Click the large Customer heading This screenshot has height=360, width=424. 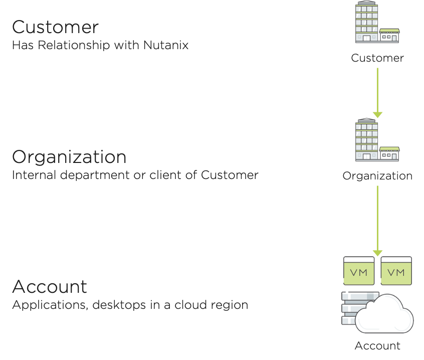point(56,28)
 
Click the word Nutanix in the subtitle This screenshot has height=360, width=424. point(166,45)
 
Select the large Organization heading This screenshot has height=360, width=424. point(69,157)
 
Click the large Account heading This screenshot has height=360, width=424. point(50,287)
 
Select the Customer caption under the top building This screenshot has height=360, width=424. point(377,58)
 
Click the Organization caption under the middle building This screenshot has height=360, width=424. point(377,176)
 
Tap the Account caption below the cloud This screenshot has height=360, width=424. point(377,346)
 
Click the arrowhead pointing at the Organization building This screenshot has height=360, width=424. point(377,115)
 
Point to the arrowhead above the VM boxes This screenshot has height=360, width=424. point(377,253)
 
